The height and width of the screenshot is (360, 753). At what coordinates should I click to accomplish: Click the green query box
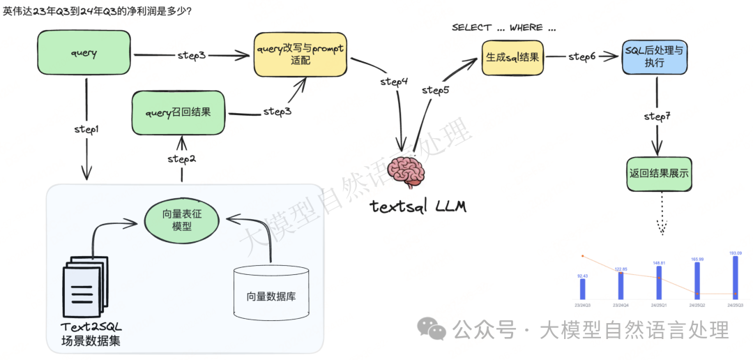pos(84,53)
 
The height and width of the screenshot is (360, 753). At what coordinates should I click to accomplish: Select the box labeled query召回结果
pos(178,112)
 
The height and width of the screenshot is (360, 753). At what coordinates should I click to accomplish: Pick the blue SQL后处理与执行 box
pos(655,57)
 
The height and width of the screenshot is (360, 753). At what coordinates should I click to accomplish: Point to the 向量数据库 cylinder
pos(271,292)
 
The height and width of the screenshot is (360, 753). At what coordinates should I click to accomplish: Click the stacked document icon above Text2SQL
pos(82,290)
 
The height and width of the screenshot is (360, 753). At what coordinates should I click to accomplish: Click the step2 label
pos(181,159)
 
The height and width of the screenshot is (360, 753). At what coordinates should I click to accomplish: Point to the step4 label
pos(394,82)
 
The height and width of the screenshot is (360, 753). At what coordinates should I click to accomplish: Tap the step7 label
pos(657,116)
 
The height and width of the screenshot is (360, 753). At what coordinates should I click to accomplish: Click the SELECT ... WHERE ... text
pos(504,27)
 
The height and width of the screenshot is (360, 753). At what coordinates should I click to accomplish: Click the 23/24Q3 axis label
pos(583,305)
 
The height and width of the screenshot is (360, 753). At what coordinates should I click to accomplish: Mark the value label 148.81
pos(659,262)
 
